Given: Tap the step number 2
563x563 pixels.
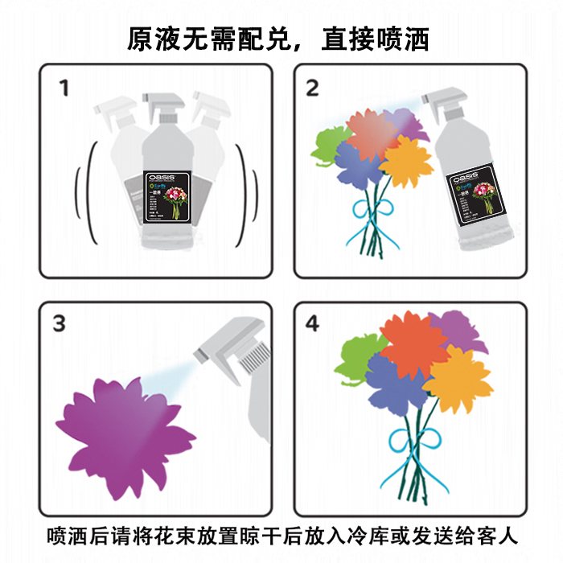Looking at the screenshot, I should pyautogui.click(x=312, y=88).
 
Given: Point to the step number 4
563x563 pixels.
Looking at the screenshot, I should pyautogui.click(x=312, y=323).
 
